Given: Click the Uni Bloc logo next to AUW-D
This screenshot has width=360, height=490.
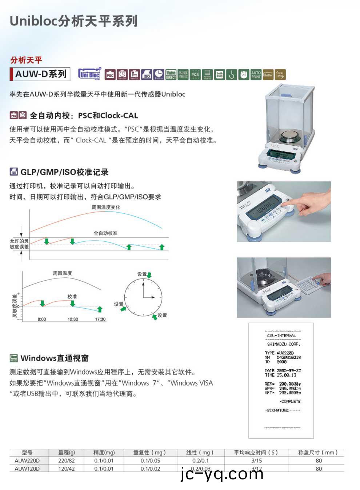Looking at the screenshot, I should coord(89,74).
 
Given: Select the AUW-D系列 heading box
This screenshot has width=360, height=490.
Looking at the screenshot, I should coord(40,74).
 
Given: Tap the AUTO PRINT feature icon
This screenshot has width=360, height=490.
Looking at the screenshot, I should coord(256,75).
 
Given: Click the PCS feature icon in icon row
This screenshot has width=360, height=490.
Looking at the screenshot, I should coord(195,75).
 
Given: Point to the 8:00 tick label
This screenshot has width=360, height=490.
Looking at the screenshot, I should coord(42,319).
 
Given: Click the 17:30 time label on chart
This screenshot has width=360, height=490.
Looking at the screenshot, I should coord(100,319).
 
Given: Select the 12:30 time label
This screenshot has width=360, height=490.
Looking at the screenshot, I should coord(73,319).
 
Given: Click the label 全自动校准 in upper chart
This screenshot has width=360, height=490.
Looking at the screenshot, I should coord(105,233).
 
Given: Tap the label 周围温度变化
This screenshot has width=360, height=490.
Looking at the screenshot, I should coord(106,207).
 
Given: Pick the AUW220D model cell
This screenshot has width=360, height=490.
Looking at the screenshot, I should coord(27,461).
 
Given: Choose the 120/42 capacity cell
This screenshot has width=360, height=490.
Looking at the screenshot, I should coord(67,469).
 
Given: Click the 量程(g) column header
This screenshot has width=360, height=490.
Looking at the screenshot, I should coord(67,453).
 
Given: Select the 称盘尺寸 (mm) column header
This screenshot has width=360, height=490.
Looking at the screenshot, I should coord(318,453).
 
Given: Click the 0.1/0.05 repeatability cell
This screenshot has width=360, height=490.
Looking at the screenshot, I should coord(150,461).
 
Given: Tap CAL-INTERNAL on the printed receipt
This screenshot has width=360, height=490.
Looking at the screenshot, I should coord(281,336).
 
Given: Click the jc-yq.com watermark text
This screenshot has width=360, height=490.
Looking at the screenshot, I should coord(222,474).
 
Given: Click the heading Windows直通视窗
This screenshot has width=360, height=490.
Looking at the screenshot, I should coord(55,358).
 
